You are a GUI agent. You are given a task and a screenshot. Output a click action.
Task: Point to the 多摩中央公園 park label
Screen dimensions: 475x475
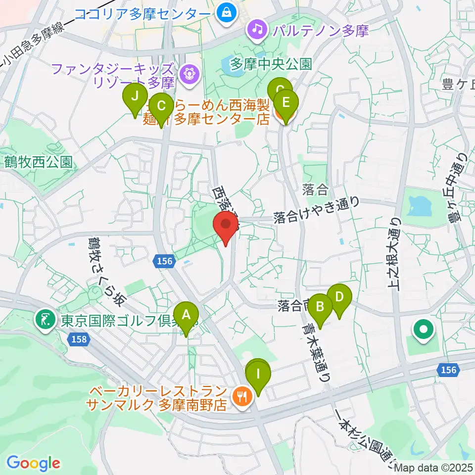[271, 64]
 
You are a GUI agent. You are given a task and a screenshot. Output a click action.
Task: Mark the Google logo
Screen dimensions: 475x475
[33, 463]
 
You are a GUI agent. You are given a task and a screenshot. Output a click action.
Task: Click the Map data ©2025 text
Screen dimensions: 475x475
[434, 468]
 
